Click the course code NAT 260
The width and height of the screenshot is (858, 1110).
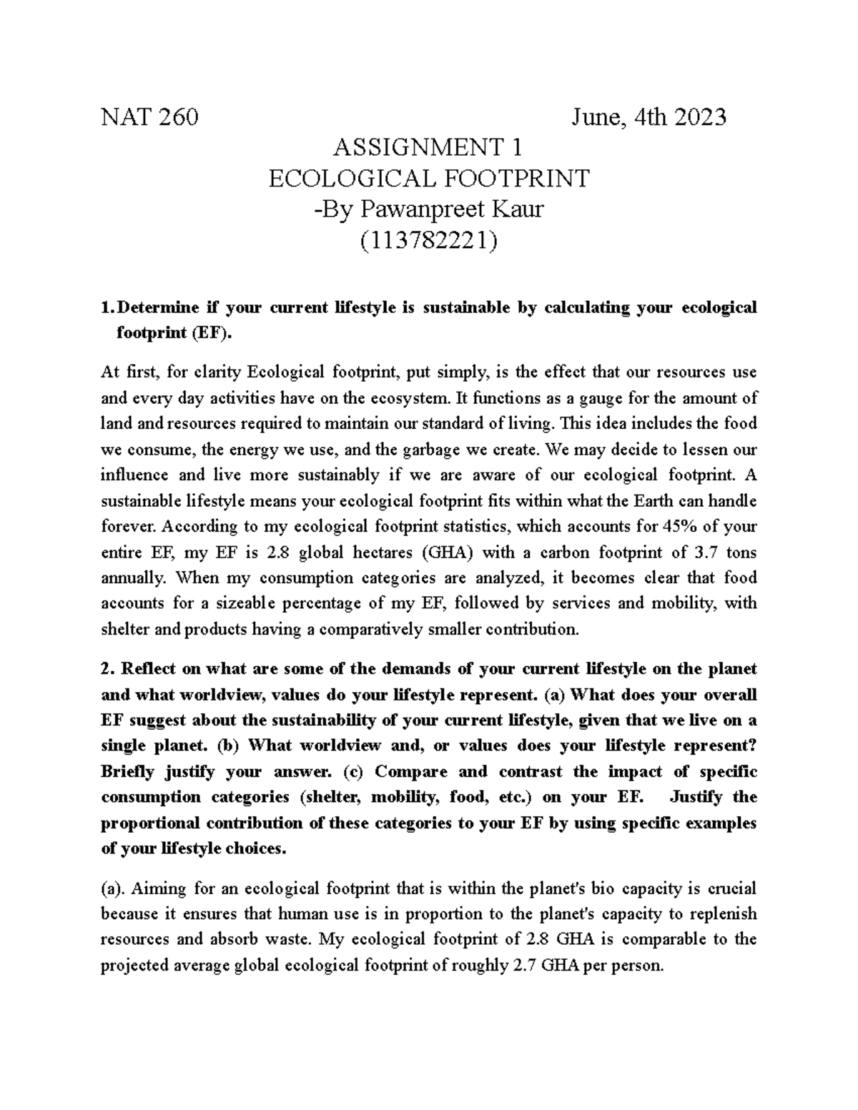pyautogui.click(x=149, y=117)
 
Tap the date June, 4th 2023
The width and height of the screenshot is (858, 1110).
pyautogui.click(x=649, y=117)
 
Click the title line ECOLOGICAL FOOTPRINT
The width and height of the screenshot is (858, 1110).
pyautogui.click(x=428, y=178)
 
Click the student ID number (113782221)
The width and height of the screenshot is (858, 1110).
pyautogui.click(x=428, y=241)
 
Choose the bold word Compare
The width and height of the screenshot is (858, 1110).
pyautogui.click(x=411, y=771)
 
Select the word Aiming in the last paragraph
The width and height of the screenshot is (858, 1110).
pyautogui.click(x=154, y=888)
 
